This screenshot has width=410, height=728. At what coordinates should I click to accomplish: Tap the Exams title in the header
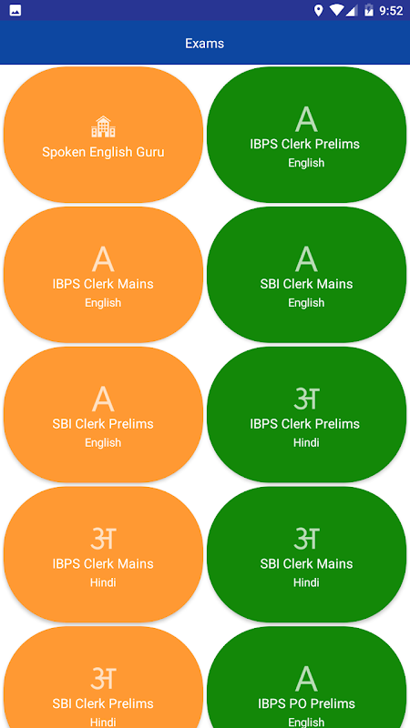pyautogui.click(x=204, y=43)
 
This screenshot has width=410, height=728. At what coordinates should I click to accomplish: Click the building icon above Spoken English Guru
pyautogui.click(x=103, y=126)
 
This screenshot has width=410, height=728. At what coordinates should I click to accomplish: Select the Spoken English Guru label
pyautogui.click(x=103, y=152)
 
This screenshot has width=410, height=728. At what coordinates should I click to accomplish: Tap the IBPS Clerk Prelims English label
pyautogui.click(x=305, y=144)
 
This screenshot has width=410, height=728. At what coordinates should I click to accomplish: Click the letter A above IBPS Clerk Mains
pyautogui.click(x=103, y=259)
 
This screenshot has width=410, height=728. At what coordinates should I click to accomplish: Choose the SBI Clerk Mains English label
pyautogui.click(x=306, y=284)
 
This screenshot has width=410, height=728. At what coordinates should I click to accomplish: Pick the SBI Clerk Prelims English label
pyautogui.click(x=103, y=423)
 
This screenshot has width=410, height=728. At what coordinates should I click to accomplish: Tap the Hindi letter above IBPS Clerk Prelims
pyautogui.click(x=306, y=399)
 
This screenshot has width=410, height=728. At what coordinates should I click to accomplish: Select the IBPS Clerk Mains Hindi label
pyautogui.click(x=103, y=563)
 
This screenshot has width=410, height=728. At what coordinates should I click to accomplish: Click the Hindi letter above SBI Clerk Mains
pyautogui.click(x=306, y=539)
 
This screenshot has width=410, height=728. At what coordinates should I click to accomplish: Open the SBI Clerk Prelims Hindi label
pyautogui.click(x=103, y=703)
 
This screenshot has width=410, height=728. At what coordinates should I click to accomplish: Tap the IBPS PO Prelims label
pyautogui.click(x=306, y=703)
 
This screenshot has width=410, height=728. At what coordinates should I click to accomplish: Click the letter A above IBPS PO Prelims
pyautogui.click(x=306, y=679)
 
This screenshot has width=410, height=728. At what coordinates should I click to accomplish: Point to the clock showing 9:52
pyautogui.click(x=391, y=10)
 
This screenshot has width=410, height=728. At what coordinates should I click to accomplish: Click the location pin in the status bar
pyautogui.click(x=318, y=10)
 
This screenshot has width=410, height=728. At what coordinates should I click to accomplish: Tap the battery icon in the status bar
pyautogui.click(x=369, y=10)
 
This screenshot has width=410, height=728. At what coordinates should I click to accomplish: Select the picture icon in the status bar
pyautogui.click(x=15, y=10)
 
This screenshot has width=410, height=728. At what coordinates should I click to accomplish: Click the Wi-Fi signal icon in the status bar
pyautogui.click(x=335, y=10)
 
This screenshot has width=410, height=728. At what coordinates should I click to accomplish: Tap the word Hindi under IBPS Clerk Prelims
pyautogui.click(x=306, y=442)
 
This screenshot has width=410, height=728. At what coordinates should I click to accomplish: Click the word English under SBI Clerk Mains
pyautogui.click(x=306, y=303)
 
